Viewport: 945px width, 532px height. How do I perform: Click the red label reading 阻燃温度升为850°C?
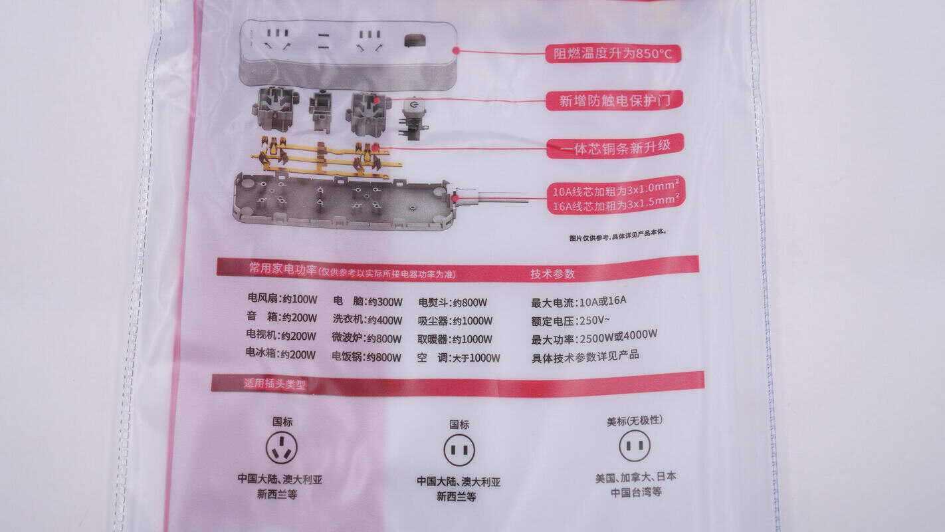click(x=612, y=53)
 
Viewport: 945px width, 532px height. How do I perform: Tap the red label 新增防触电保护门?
click(x=613, y=101)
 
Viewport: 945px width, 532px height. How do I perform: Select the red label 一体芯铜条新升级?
click(x=615, y=147)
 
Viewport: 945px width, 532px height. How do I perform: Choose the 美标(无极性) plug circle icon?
click(x=634, y=446)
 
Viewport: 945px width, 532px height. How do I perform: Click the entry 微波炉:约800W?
click(x=367, y=338)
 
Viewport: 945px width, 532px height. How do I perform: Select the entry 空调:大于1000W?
click(x=459, y=358)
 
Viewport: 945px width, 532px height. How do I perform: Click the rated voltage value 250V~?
click(x=593, y=319)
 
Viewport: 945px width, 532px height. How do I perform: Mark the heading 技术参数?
click(x=552, y=273)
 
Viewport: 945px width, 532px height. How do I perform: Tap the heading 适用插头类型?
click(x=274, y=384)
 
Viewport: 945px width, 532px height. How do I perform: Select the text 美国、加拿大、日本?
click(x=635, y=477)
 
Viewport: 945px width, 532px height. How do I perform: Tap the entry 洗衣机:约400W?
click(x=367, y=319)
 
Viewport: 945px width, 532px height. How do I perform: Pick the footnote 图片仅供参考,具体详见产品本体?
click(x=617, y=234)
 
